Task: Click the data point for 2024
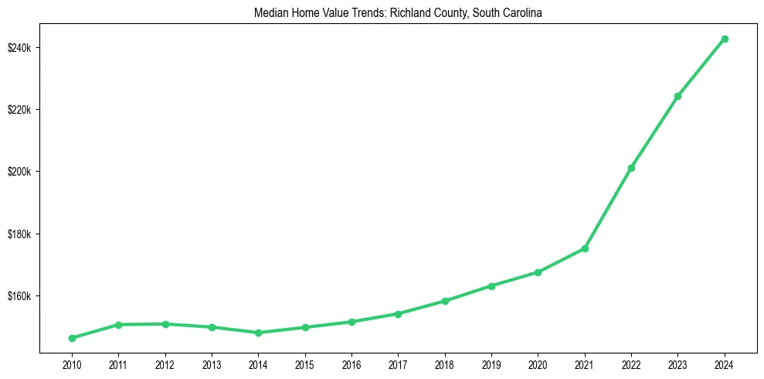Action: (x=725, y=39)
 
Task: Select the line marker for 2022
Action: (x=631, y=168)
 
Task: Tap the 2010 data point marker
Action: (x=72, y=338)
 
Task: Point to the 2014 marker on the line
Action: (x=258, y=333)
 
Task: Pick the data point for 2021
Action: (x=585, y=248)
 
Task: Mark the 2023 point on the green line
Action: (x=678, y=96)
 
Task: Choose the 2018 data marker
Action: (x=445, y=301)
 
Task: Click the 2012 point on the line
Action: (x=165, y=324)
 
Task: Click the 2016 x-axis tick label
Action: (x=351, y=363)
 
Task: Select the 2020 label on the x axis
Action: (x=538, y=363)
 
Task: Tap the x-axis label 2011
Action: (x=118, y=363)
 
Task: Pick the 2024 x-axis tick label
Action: (x=725, y=363)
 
